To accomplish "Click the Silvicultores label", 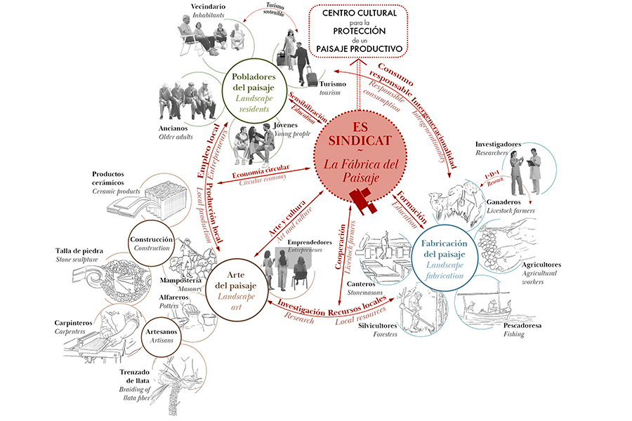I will (x=376, y=326).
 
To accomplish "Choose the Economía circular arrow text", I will (x=261, y=174).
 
